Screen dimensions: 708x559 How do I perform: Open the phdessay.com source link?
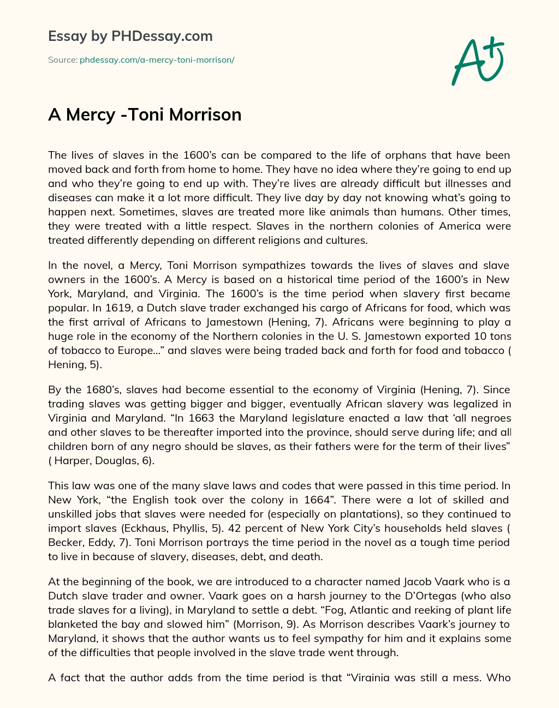(157, 60)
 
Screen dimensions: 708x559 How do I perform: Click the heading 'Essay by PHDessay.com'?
(130, 37)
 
